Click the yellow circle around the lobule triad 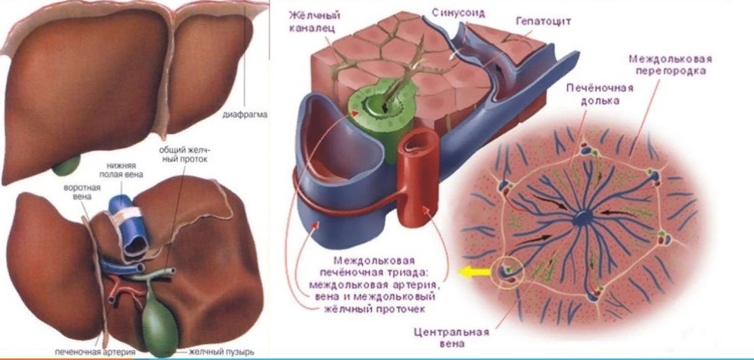512,270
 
